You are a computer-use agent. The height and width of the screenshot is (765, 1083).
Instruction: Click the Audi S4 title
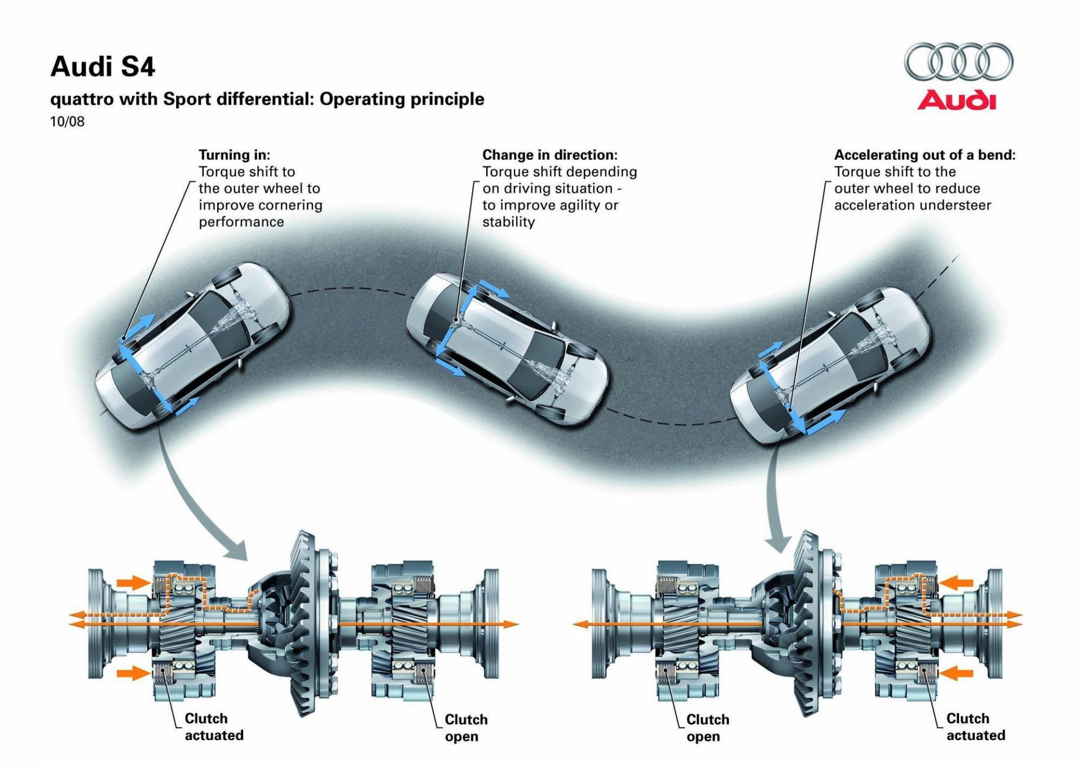(x=103, y=67)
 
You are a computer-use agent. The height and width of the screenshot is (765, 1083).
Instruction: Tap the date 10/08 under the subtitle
(x=67, y=122)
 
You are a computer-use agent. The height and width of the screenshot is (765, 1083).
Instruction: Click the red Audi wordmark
(x=957, y=100)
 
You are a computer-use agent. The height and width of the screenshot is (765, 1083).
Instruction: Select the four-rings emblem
(x=958, y=61)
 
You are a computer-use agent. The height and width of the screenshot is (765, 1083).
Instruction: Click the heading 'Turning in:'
(x=234, y=155)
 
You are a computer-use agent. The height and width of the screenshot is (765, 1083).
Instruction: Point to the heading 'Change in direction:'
(x=549, y=155)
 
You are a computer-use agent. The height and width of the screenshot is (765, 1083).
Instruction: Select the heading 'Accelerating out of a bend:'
(x=924, y=155)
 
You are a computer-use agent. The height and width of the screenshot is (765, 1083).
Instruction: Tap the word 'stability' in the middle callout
(x=508, y=222)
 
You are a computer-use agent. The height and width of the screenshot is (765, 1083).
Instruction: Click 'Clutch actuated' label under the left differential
(x=214, y=727)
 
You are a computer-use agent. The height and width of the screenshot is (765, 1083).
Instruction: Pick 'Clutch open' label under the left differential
(x=465, y=728)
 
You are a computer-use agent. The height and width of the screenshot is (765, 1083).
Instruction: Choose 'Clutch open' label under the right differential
(x=707, y=728)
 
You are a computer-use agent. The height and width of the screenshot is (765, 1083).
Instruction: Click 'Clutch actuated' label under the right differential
(x=975, y=727)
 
